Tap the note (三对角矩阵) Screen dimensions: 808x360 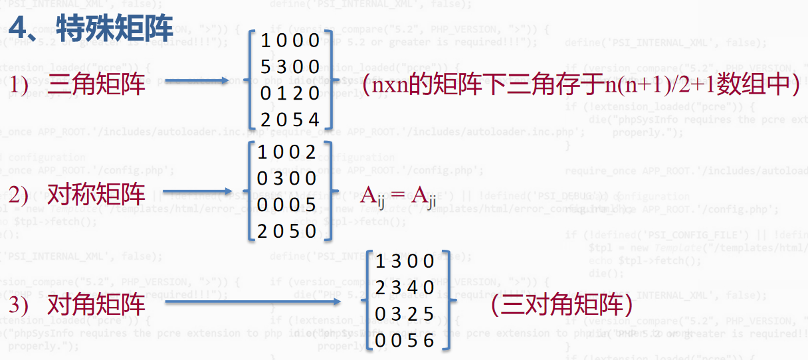560,305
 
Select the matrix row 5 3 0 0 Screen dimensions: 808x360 290,68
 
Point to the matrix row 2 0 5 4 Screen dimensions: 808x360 290,120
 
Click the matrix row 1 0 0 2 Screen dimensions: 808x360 287,152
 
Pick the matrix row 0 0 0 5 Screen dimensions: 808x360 287,205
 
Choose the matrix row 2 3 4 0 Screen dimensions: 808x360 405,288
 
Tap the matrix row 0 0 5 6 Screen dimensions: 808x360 405,341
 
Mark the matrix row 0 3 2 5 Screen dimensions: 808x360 405,314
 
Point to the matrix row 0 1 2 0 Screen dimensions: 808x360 290,94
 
